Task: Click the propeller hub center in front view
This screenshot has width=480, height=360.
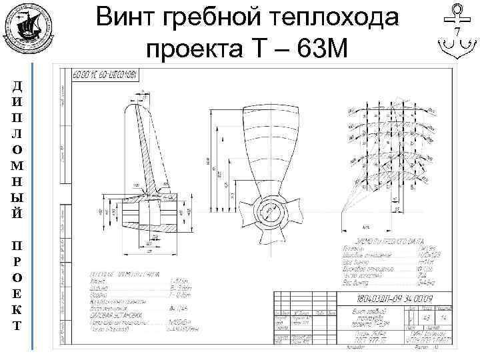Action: [272, 213]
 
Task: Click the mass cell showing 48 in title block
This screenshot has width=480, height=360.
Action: [425, 320]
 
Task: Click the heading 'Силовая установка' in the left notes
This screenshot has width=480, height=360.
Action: [125, 318]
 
